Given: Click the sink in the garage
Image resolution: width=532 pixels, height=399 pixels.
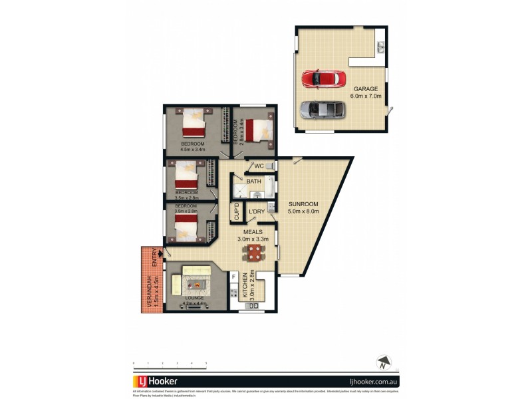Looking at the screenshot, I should [x=381, y=47].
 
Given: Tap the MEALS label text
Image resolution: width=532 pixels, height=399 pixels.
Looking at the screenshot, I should [x=253, y=232].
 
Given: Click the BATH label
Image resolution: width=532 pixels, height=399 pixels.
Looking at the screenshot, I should [x=253, y=181].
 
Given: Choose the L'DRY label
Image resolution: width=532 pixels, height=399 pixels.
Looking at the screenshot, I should [x=257, y=212].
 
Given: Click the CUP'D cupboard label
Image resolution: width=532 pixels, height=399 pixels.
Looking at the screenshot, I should [x=237, y=212].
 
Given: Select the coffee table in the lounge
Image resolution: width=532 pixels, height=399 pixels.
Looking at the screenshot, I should [x=198, y=285].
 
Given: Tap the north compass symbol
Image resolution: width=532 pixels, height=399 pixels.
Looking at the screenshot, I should [x=382, y=363].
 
